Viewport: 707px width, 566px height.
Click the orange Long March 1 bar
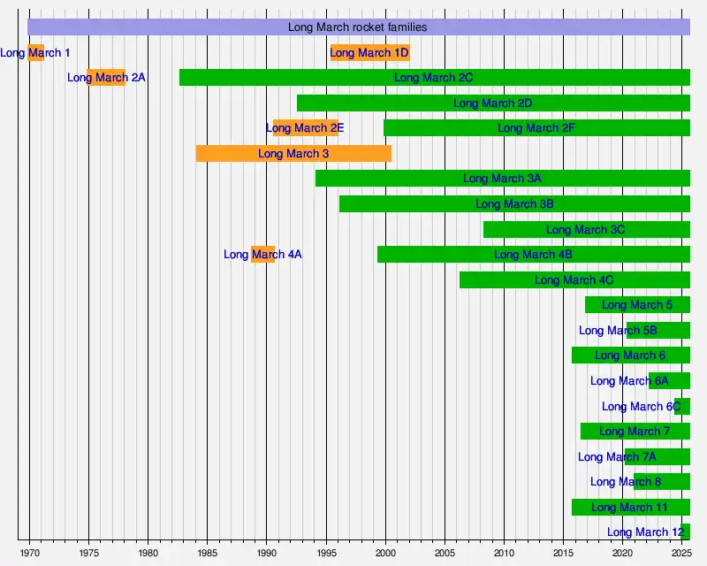coord(36,52)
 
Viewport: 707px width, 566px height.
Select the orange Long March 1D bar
coord(369,52)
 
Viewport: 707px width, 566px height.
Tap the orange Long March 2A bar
coord(106,78)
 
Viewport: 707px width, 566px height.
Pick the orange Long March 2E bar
coord(305,128)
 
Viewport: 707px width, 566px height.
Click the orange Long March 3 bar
coord(293,154)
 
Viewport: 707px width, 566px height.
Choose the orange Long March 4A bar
coord(262,255)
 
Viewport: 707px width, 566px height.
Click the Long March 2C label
coord(433,78)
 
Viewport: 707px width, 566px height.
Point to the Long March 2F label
coord(536,128)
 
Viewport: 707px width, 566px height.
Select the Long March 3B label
coord(514,204)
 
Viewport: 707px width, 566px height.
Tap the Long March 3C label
coord(585,230)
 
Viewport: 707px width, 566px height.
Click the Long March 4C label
coord(574,280)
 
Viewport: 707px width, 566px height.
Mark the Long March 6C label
coord(641,407)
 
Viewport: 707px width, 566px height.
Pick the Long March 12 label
coord(646,532)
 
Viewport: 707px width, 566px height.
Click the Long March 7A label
coord(617,457)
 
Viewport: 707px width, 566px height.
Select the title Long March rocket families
coord(357,27)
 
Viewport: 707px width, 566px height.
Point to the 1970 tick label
coord(29,553)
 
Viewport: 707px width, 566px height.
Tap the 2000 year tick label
coord(385,553)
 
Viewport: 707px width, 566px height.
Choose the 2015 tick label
coord(564,553)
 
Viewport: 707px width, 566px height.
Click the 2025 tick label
coord(681,553)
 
